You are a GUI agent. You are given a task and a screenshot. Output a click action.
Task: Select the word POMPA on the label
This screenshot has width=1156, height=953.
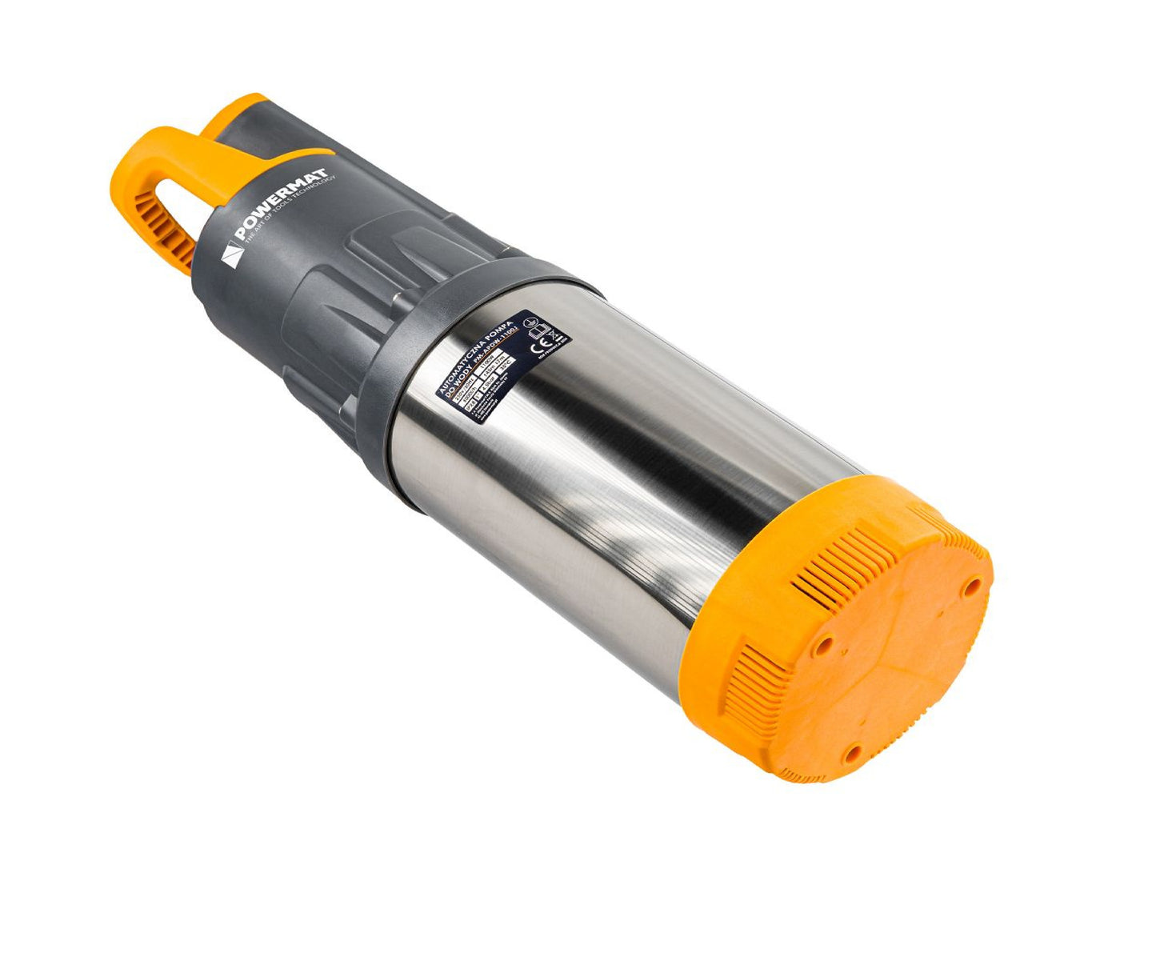tap(505, 325)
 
